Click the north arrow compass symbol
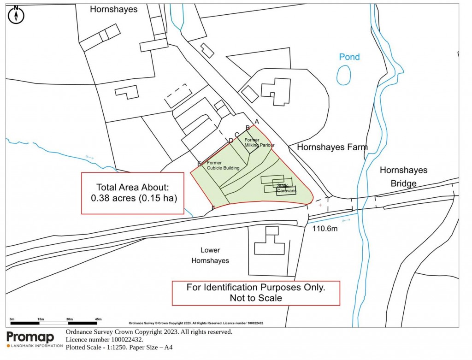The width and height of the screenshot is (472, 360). point(17,15)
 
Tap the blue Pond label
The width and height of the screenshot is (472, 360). point(349,57)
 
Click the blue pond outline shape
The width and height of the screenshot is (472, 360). point(343,75)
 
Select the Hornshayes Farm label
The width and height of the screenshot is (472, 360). point(332,148)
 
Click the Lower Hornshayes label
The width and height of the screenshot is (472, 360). point(215,255)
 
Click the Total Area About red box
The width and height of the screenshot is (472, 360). point(133,193)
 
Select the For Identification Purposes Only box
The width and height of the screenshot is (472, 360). point(256,293)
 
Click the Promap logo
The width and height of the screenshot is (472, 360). point(30,338)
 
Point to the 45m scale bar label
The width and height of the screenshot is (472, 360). point(98,319)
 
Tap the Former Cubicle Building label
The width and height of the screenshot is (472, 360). point(223,165)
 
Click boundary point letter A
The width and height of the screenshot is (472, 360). point(257,122)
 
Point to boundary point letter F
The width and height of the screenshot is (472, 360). point(213,208)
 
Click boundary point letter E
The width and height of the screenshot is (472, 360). point(199,164)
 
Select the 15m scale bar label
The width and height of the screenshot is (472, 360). point(41,319)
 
